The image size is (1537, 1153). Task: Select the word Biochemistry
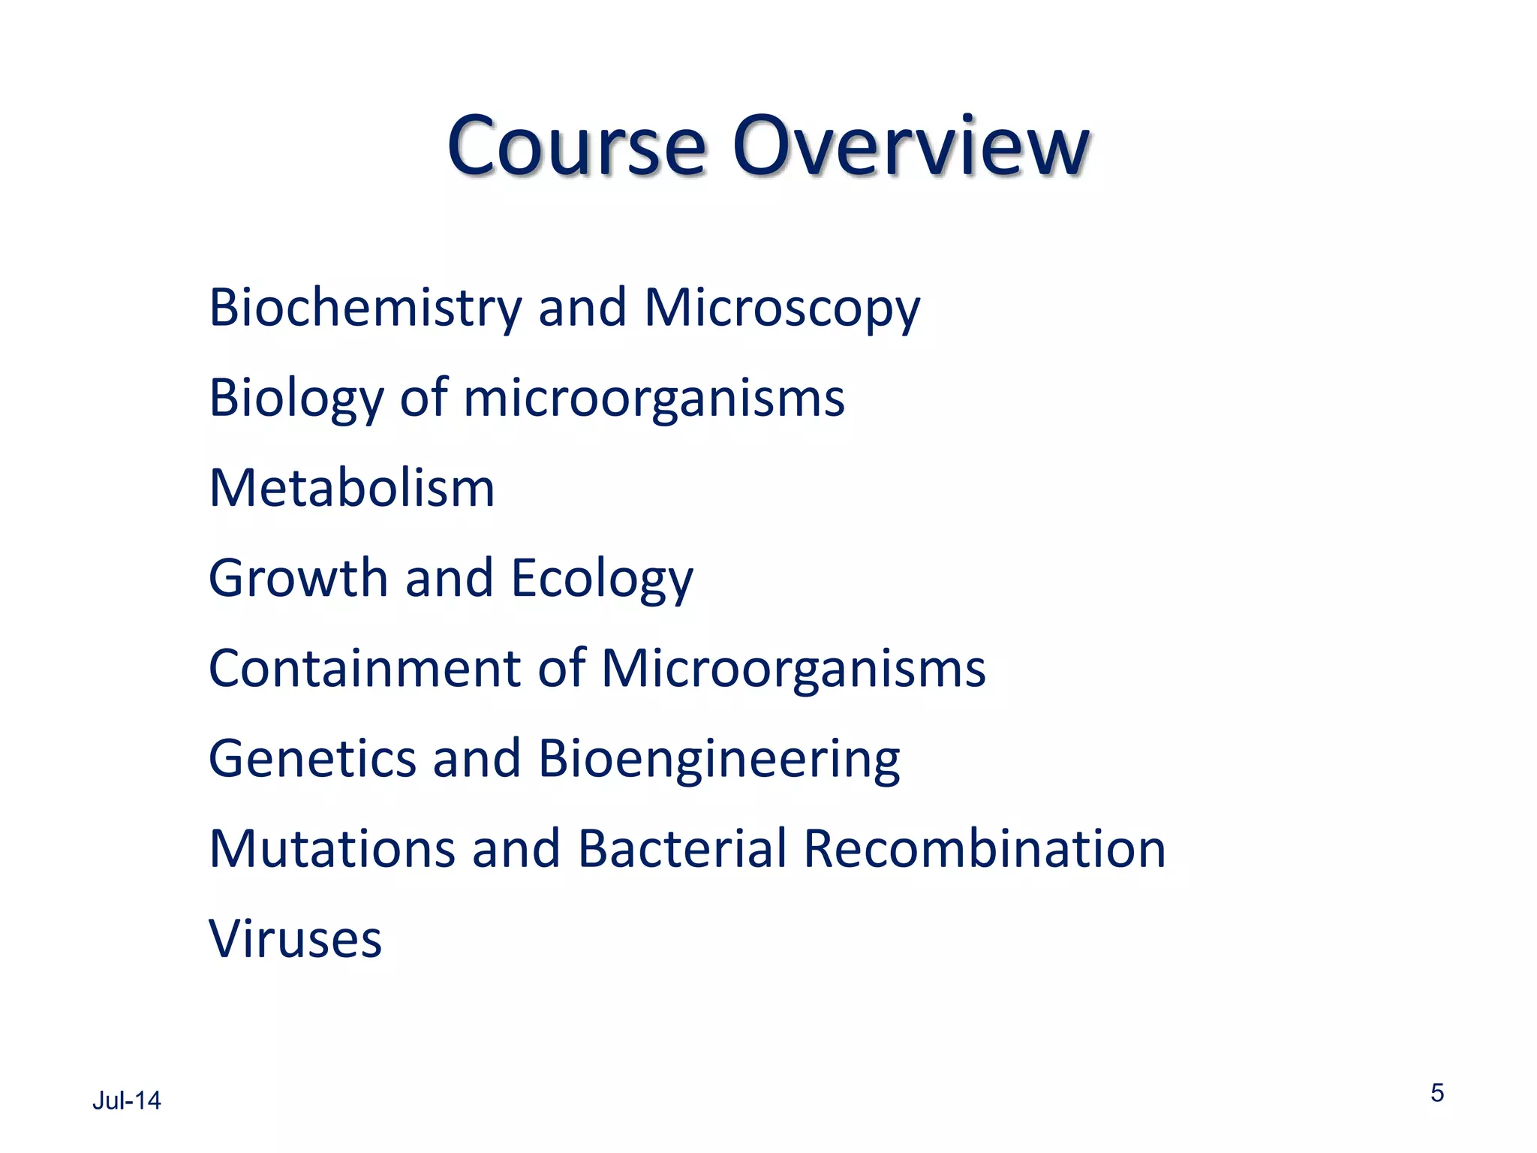[x=365, y=308]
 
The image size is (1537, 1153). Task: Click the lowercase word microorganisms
[x=654, y=399]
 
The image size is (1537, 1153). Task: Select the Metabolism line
[x=352, y=488]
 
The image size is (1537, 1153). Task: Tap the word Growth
[x=298, y=578]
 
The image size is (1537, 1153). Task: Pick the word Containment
[x=365, y=668]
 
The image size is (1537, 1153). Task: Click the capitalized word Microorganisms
[x=793, y=669]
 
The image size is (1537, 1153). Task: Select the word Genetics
[x=311, y=758]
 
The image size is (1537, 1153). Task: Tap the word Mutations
[x=332, y=849]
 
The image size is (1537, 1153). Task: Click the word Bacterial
[x=682, y=849]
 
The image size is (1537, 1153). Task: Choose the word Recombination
[x=985, y=849]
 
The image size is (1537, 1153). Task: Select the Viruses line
[x=295, y=939]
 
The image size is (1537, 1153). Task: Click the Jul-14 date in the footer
[x=126, y=1100]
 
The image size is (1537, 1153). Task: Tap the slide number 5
[x=1436, y=1093]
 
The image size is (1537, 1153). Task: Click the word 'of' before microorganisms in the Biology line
[x=423, y=397]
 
